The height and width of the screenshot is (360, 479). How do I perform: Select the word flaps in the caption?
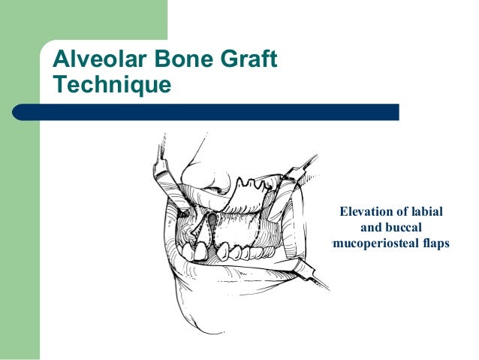pyautogui.click(x=433, y=243)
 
